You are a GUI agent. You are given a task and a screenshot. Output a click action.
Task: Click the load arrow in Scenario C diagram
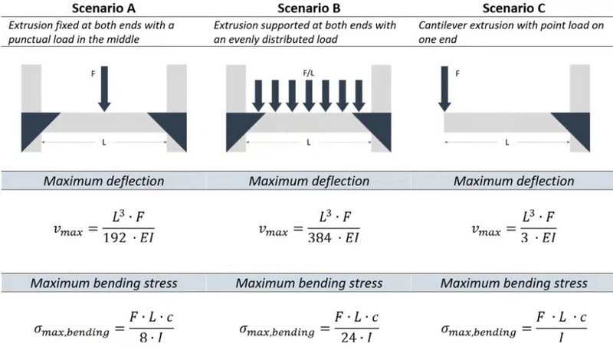tap(444, 89)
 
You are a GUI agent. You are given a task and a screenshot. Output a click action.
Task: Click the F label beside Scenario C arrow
tap(458, 74)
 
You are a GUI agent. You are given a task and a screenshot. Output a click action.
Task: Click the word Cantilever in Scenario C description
tap(444, 25)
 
